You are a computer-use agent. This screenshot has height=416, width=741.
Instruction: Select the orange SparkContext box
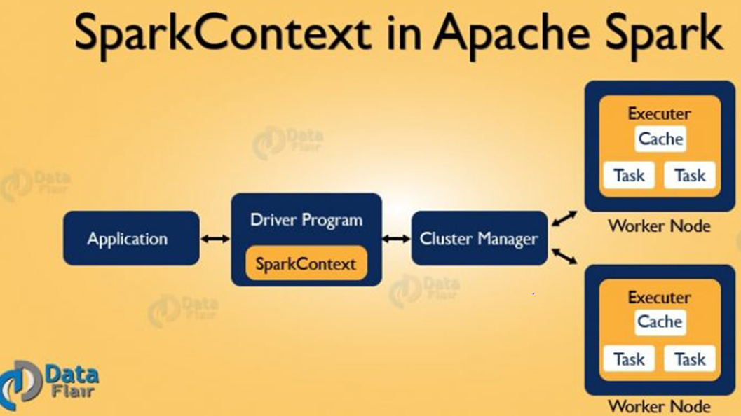click(306, 264)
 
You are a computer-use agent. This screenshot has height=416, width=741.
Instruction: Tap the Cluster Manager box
click(478, 238)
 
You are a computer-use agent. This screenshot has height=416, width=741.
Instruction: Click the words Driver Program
click(306, 220)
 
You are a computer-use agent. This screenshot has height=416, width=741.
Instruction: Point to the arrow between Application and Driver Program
click(215, 239)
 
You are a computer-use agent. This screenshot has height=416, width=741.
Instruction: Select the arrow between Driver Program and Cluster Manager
click(396, 239)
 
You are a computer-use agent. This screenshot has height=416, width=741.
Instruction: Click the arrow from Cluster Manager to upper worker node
click(564, 219)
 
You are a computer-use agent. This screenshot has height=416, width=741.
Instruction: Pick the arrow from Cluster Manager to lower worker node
click(564, 256)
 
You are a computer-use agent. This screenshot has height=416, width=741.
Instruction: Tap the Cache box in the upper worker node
click(660, 139)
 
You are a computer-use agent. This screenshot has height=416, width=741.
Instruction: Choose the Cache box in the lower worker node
click(660, 322)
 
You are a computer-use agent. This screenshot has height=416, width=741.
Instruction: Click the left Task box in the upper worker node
click(629, 176)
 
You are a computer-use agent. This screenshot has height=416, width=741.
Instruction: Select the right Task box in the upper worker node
click(690, 176)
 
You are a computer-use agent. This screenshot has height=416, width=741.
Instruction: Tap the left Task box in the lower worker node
click(629, 359)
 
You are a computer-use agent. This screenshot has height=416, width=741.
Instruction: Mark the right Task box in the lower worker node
click(690, 359)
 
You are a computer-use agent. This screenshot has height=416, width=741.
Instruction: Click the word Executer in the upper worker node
click(659, 113)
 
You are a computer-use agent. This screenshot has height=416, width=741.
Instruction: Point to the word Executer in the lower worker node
click(659, 297)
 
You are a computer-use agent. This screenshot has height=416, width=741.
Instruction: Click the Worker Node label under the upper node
click(659, 226)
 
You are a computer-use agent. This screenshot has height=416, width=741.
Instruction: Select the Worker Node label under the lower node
click(659, 406)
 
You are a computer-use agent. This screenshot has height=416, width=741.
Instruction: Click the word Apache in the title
click(512, 34)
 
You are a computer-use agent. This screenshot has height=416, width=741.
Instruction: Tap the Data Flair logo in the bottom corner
click(49, 382)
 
